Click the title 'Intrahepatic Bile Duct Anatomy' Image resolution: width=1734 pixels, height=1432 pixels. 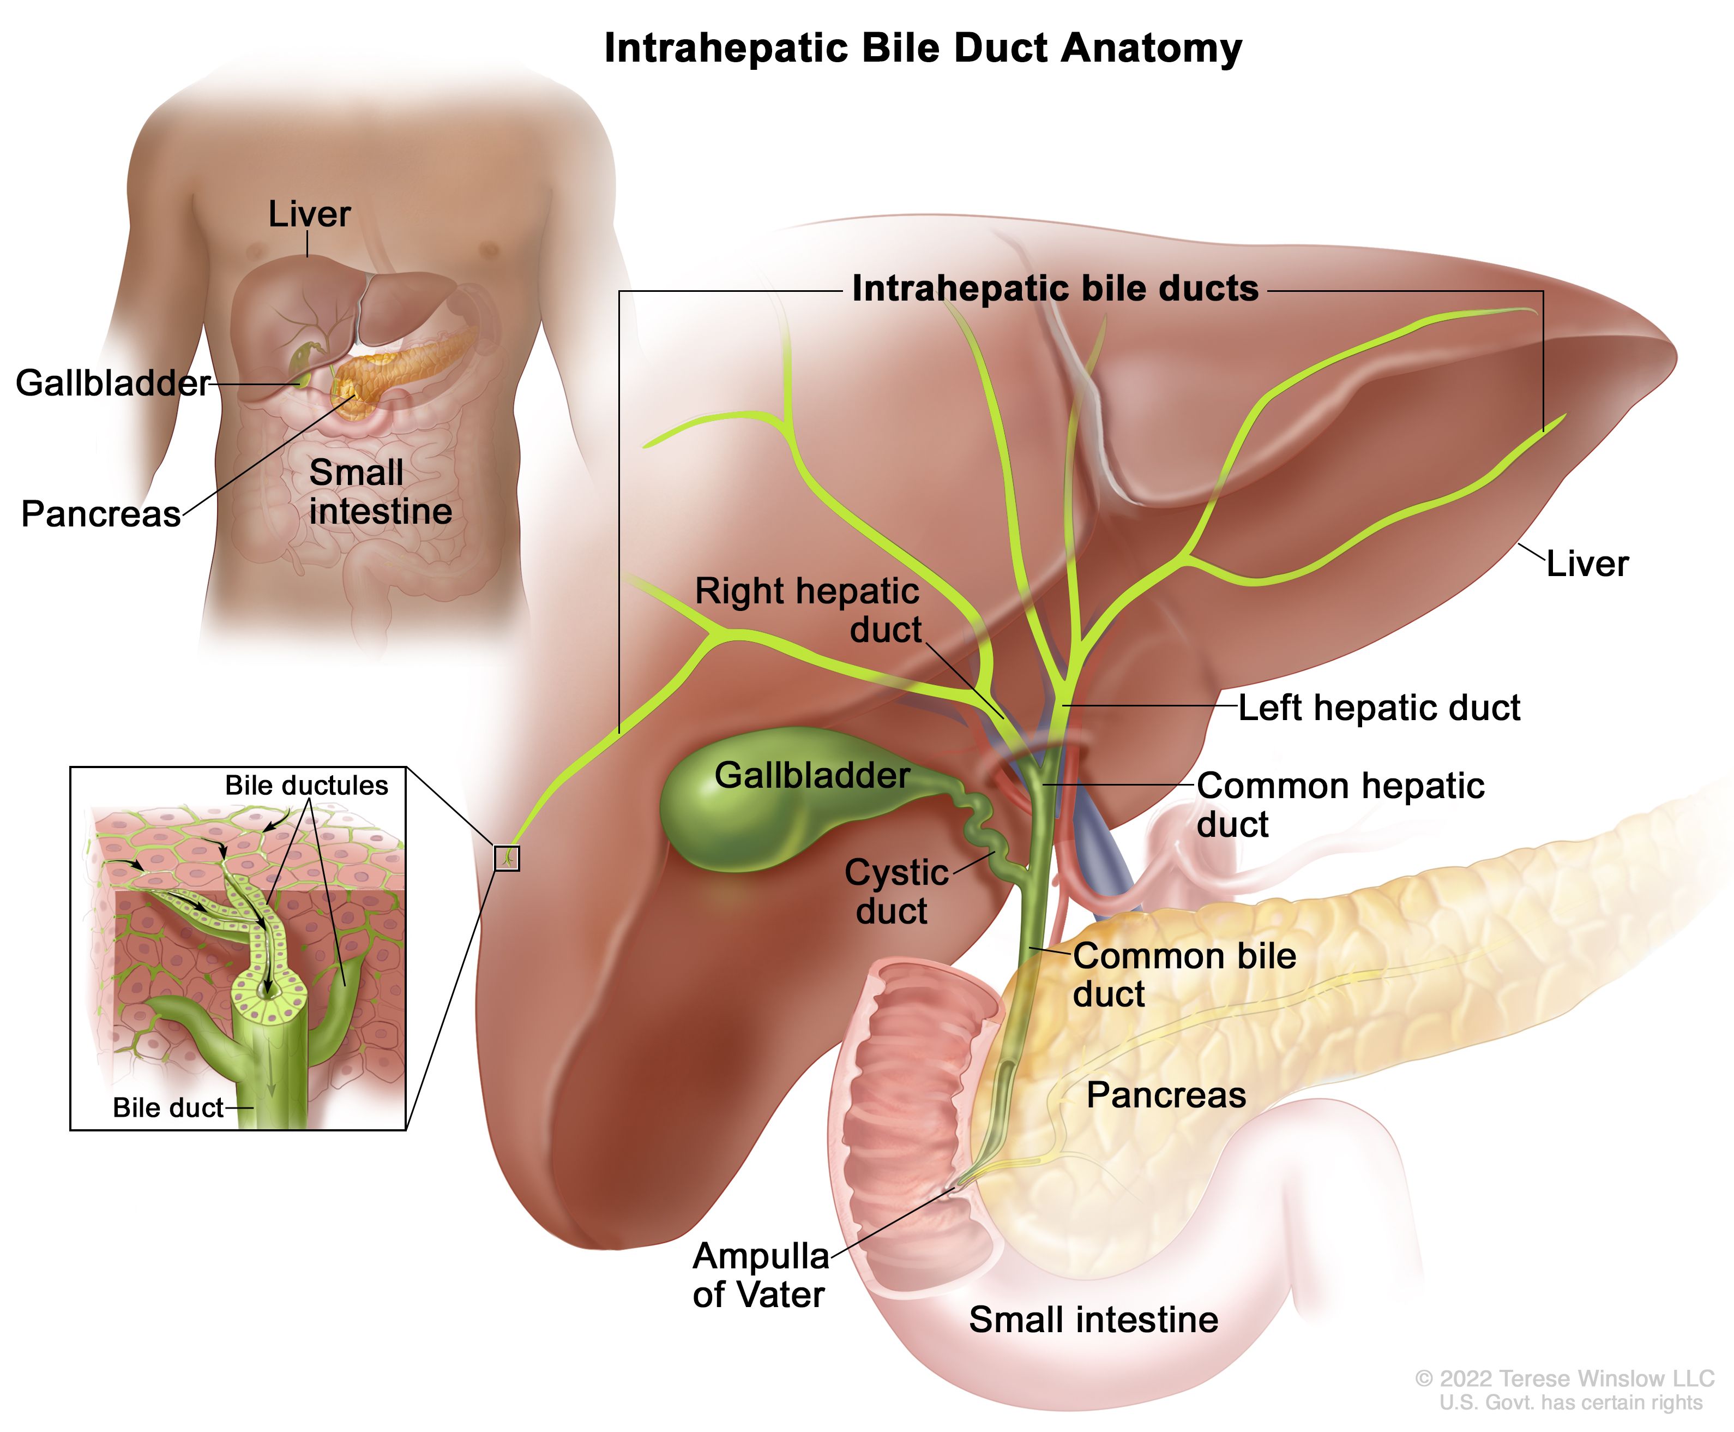923,48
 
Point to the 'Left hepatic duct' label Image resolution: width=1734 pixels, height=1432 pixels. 1378,708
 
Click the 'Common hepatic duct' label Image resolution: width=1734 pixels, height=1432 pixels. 1340,804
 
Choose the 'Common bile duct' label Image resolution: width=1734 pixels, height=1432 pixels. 1184,974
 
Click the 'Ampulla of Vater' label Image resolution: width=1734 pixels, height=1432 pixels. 760,1274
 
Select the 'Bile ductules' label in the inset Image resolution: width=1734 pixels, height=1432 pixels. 306,786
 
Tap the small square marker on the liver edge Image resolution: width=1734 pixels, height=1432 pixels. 506,858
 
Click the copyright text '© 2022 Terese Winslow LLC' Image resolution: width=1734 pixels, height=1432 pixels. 1564,1379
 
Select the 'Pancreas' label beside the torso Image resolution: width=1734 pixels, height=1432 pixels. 100,514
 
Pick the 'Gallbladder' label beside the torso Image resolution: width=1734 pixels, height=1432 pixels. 113,383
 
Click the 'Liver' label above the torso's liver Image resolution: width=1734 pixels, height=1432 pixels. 309,214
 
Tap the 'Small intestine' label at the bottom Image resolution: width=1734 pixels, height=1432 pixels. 1093,1319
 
